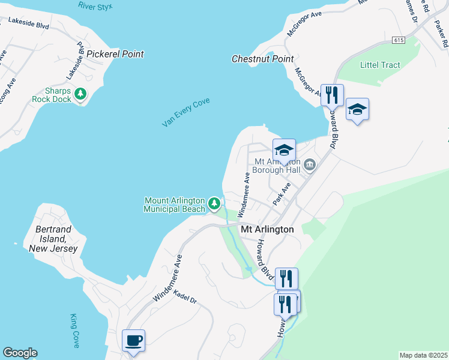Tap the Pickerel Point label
(x=115, y=54)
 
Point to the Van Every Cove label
(x=185, y=113)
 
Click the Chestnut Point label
(x=263, y=59)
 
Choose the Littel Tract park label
(x=380, y=65)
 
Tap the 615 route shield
(x=399, y=40)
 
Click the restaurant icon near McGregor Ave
(x=331, y=94)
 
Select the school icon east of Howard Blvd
(x=357, y=109)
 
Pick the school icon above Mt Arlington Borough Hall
(x=284, y=149)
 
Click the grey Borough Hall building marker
(x=310, y=164)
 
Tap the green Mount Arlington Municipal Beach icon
(x=214, y=205)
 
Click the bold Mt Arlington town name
(x=267, y=230)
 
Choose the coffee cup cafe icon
(x=133, y=340)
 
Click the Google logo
(x=20, y=353)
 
